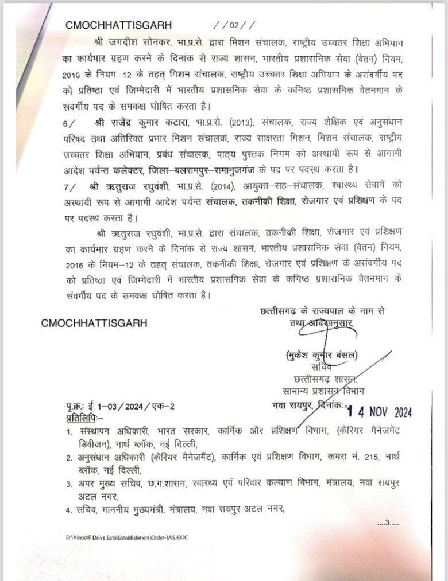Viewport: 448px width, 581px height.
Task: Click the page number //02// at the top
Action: (233, 25)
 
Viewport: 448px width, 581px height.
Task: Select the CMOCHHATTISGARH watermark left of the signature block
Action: (94, 323)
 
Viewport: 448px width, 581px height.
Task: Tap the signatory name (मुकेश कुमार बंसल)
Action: (320, 355)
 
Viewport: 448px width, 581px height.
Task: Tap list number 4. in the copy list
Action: (68, 509)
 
